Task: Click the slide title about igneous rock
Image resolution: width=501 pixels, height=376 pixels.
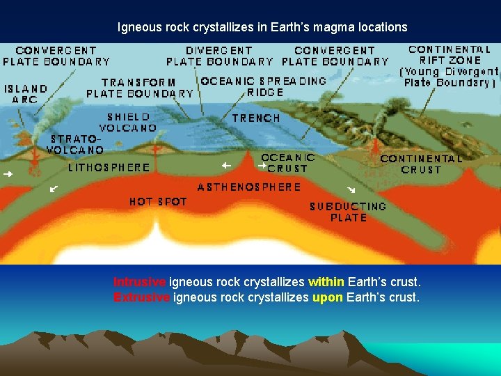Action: (262, 28)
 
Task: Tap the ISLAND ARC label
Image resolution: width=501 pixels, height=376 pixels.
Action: (26, 94)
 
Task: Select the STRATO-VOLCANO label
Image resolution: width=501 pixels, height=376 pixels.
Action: (75, 143)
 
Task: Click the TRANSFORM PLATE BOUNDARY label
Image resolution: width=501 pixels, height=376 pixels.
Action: (140, 88)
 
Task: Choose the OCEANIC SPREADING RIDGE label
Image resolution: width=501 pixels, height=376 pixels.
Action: (264, 86)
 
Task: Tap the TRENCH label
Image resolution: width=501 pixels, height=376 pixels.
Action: (256, 118)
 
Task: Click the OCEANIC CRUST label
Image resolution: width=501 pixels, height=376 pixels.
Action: (288, 163)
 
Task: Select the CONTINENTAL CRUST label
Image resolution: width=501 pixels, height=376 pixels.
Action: (421, 164)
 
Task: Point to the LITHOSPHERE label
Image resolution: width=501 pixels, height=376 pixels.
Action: (109, 168)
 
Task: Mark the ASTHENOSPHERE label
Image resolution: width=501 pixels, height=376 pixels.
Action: (249, 187)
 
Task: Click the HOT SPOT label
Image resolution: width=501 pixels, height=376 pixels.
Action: (158, 202)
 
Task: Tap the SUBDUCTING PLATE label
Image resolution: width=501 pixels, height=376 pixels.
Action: (348, 212)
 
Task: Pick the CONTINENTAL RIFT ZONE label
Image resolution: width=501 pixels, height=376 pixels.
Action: (450, 65)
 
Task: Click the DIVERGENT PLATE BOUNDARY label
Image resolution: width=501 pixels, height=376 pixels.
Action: (220, 56)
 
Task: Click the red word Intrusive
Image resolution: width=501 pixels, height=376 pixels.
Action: (139, 283)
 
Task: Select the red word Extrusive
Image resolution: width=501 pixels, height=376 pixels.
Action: (141, 297)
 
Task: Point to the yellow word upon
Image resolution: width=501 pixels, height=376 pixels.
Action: (327, 297)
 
